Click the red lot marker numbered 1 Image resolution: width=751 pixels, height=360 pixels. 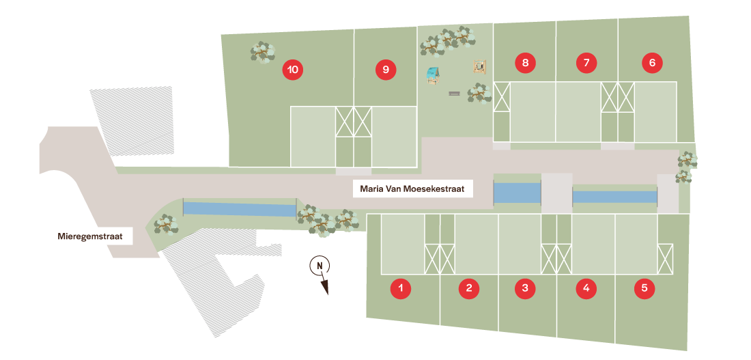(x=401, y=288)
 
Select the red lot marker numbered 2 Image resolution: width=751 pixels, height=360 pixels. (x=468, y=288)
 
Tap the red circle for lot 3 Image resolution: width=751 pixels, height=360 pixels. (x=524, y=288)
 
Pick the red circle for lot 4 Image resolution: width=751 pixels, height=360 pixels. (x=586, y=288)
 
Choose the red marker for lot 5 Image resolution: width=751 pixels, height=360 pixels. (x=644, y=288)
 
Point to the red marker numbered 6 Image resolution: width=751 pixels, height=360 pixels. (x=652, y=64)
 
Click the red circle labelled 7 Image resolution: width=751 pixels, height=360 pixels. (x=586, y=64)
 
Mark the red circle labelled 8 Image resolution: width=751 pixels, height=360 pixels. (x=524, y=64)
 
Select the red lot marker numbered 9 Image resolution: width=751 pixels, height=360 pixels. (x=386, y=70)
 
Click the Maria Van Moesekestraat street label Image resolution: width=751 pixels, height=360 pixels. (x=412, y=189)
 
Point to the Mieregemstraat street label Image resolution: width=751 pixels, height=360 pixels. (x=89, y=236)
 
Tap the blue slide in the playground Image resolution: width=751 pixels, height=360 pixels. (x=432, y=74)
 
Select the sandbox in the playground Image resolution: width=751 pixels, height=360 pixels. (x=481, y=66)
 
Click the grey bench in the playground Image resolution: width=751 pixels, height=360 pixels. (x=455, y=93)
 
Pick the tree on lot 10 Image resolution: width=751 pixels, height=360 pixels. (x=263, y=52)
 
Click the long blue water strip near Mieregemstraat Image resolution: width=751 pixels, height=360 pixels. (x=240, y=209)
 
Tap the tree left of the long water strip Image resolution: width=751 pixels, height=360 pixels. (x=166, y=223)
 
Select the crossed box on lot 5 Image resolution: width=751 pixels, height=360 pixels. (x=665, y=258)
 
